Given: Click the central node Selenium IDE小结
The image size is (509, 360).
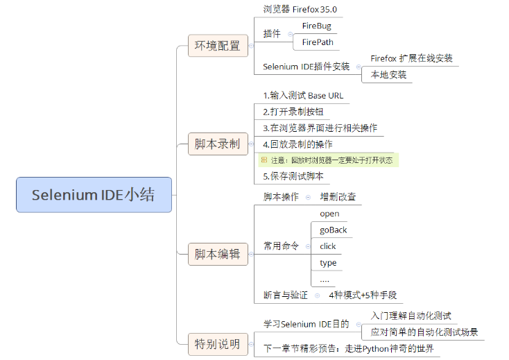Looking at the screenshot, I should (x=94, y=195).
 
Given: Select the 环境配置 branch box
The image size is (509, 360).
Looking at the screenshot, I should (x=217, y=46).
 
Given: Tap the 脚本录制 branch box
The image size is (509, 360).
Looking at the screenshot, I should (x=217, y=144).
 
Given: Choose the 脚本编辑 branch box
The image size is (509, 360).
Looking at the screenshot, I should (x=217, y=255).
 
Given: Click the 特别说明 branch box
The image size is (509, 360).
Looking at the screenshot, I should (x=217, y=343).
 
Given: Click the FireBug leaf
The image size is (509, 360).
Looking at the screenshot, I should (x=317, y=26).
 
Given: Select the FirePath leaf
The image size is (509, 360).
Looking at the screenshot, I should (x=318, y=42).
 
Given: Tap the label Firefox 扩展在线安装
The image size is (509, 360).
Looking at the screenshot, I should (x=411, y=58).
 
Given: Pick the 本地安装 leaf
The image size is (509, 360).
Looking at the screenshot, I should (x=388, y=75).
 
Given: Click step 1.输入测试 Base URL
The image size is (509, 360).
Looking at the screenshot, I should (x=303, y=95).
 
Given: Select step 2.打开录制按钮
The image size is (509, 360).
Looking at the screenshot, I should (x=293, y=112).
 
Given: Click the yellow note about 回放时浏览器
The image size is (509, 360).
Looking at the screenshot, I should (x=328, y=160).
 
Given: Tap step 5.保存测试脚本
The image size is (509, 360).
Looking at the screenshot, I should (x=293, y=176).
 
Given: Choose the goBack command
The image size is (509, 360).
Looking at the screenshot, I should (x=334, y=230).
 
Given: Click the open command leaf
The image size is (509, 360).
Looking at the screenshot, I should (x=329, y=214).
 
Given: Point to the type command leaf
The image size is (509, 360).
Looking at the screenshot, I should (x=328, y=263).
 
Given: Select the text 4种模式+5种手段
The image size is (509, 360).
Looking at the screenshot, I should (x=363, y=295).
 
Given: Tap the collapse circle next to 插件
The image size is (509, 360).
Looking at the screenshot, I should (x=290, y=34).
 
